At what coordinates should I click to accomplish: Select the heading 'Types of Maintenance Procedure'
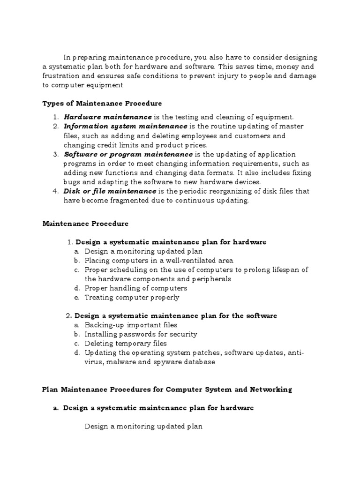(102, 103)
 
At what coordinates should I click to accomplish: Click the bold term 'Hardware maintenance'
(108, 117)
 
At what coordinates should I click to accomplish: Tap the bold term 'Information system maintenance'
(125, 126)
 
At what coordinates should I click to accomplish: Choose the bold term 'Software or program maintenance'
(128, 154)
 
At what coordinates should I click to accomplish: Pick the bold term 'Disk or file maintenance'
(110, 191)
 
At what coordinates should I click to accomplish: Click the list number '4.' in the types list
(55, 191)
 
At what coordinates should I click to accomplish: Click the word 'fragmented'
(132, 200)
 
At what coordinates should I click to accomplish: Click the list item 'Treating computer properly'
(132, 297)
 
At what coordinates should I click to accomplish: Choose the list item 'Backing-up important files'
(131, 325)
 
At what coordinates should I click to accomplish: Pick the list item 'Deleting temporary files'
(126, 343)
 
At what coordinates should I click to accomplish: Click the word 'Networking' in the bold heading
(269, 389)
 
